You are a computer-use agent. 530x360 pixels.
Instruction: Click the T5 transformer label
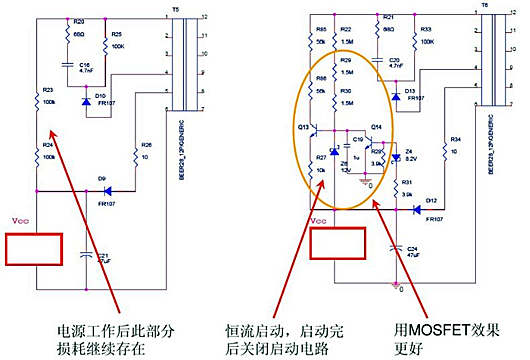[176, 6]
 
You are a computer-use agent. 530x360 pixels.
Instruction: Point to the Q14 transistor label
[377, 128]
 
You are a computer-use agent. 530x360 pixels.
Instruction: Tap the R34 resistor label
[455, 139]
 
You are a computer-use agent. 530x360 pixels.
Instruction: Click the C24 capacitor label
[413, 248]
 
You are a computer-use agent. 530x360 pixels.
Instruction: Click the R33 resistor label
[426, 30]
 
